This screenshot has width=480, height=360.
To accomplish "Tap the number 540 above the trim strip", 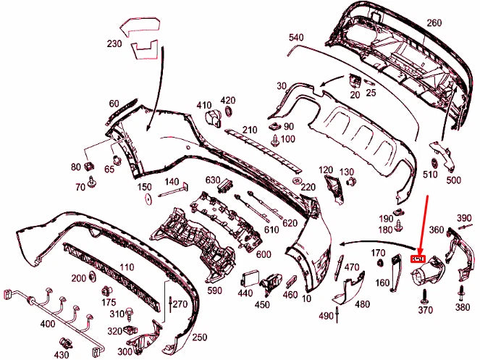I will click(297, 36).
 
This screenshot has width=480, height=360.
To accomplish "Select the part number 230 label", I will click(114, 43).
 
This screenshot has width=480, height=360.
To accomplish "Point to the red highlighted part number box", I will click(418, 258).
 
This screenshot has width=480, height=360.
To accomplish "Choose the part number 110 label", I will click(127, 267).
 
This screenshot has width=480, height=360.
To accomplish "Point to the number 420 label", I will click(228, 100).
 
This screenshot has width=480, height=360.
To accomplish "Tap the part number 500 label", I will click(453, 180).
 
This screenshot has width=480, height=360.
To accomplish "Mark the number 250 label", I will click(200, 338).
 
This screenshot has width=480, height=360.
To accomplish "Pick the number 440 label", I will click(245, 293).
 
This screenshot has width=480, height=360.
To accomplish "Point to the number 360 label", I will click(437, 230).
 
